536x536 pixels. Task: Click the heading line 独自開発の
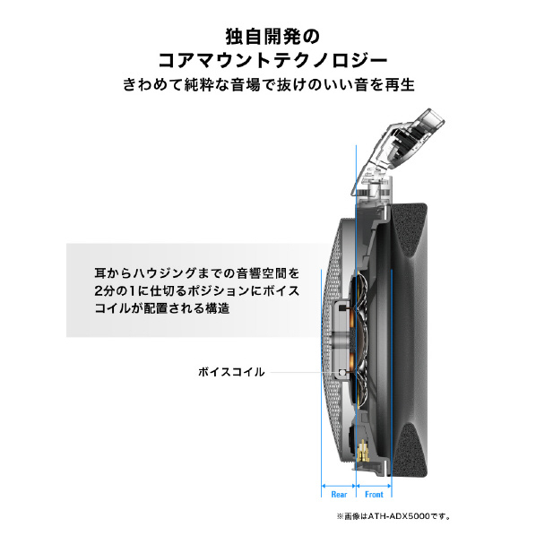tap(272, 37)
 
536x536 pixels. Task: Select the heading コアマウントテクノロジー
tap(272, 61)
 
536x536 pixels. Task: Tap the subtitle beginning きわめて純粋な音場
tap(269, 84)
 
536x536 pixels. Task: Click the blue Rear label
tap(339, 494)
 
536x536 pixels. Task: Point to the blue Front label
tap(374, 494)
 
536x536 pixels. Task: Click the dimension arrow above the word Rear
tap(339, 486)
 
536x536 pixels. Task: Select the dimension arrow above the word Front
tap(374, 486)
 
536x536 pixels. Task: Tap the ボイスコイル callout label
tap(231, 372)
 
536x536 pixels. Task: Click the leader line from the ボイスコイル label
tap(304, 372)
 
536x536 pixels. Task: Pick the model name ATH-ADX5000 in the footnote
tap(399, 516)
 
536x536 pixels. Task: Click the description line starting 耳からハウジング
tap(197, 273)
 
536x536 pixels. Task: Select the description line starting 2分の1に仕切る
tap(197, 291)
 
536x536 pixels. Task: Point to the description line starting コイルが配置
tap(162, 308)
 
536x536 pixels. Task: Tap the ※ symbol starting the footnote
tap(340, 516)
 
